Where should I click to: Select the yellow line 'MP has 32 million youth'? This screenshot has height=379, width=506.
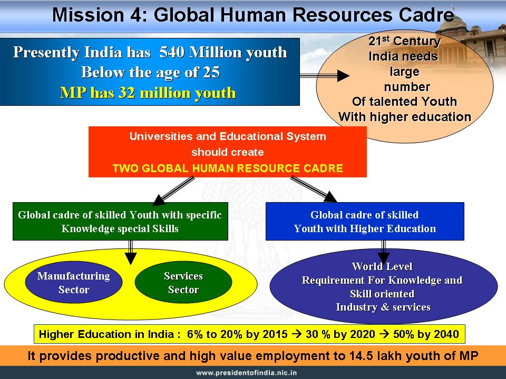pyautogui.click(x=148, y=93)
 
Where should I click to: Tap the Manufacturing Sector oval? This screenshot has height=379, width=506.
pyautogui.click(x=74, y=282)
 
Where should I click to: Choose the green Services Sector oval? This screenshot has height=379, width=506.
pyautogui.click(x=183, y=282)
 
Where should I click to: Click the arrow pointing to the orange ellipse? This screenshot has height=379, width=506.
pyautogui.click(x=324, y=76)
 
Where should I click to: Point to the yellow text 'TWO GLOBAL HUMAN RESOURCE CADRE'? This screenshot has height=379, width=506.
pyautogui.click(x=228, y=168)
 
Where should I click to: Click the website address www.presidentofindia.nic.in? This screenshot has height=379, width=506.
pyautogui.click(x=247, y=373)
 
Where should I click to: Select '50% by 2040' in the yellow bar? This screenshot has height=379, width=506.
pyautogui.click(x=426, y=334)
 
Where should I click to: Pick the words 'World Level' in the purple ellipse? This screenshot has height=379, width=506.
pyautogui.click(x=383, y=266)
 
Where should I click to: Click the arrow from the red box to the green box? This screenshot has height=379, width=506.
pyautogui.click(x=173, y=191)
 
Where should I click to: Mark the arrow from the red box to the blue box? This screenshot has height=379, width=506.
pyautogui.click(x=314, y=189)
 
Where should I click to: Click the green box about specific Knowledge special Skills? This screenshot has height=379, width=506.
pyautogui.click(x=120, y=222)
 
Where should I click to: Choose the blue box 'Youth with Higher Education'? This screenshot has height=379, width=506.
pyautogui.click(x=365, y=222)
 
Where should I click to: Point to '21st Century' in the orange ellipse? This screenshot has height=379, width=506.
pyautogui.click(x=405, y=41)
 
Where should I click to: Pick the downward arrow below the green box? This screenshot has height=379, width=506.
pyautogui.click(x=130, y=252)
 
